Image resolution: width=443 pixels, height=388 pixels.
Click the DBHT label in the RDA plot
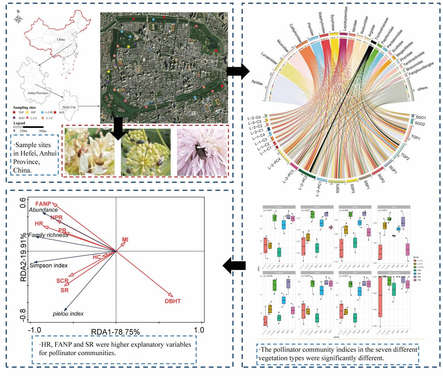[173, 301]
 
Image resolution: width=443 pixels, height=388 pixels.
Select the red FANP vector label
[43, 204]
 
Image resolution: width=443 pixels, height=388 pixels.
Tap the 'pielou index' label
[68, 314]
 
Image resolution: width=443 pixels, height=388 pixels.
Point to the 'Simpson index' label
[49, 265]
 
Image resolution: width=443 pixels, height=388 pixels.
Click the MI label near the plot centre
[125, 239]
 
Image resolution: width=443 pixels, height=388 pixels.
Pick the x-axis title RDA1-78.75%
[115, 332]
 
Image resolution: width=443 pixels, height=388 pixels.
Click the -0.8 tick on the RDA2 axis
[23, 315]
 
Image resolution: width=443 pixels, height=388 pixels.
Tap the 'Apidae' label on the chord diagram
[257, 83]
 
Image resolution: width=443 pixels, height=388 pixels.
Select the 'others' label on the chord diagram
[422, 88]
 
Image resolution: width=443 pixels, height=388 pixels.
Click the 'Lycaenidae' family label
[269, 58]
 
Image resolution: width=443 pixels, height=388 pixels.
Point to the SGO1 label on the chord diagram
[420, 117]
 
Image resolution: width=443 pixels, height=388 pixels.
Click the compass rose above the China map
[18, 19]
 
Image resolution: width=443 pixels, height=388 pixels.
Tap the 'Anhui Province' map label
[38, 93]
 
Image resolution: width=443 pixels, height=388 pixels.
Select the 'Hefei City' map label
[69, 107]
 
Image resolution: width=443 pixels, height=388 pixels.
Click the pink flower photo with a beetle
[202, 152]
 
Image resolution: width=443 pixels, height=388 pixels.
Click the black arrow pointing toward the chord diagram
[238, 71]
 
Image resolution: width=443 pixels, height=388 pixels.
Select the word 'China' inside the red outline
[61, 39]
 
